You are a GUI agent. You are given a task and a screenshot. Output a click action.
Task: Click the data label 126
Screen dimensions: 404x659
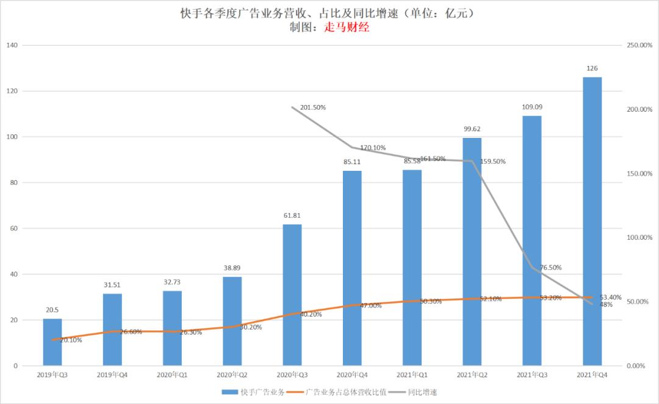tap(592, 68)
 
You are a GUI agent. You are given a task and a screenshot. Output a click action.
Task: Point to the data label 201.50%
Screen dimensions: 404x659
tap(312, 107)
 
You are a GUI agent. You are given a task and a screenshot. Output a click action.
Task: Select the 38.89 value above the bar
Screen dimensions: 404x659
tap(232, 268)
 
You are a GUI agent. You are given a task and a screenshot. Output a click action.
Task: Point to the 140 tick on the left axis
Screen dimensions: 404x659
tap(12, 45)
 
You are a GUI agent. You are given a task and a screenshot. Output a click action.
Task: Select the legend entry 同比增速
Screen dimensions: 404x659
tap(422, 392)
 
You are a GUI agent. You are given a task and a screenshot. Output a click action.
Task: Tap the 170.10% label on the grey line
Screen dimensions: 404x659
tap(372, 148)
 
